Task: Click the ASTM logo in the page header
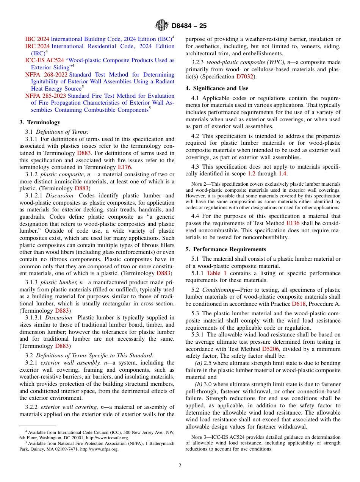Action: coord(162,26)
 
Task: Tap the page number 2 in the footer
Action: coord(180,466)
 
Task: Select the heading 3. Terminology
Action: coord(40,122)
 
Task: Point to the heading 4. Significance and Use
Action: coord(217,88)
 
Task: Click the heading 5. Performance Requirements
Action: coord(226,249)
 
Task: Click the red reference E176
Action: coord(125,167)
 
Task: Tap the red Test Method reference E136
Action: coord(293,224)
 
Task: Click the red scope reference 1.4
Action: coord(282,174)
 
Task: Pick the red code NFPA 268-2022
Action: coord(46,75)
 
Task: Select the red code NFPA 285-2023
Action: coord(46,96)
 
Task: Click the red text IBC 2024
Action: coord(37,39)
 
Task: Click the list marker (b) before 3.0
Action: coord(198,385)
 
